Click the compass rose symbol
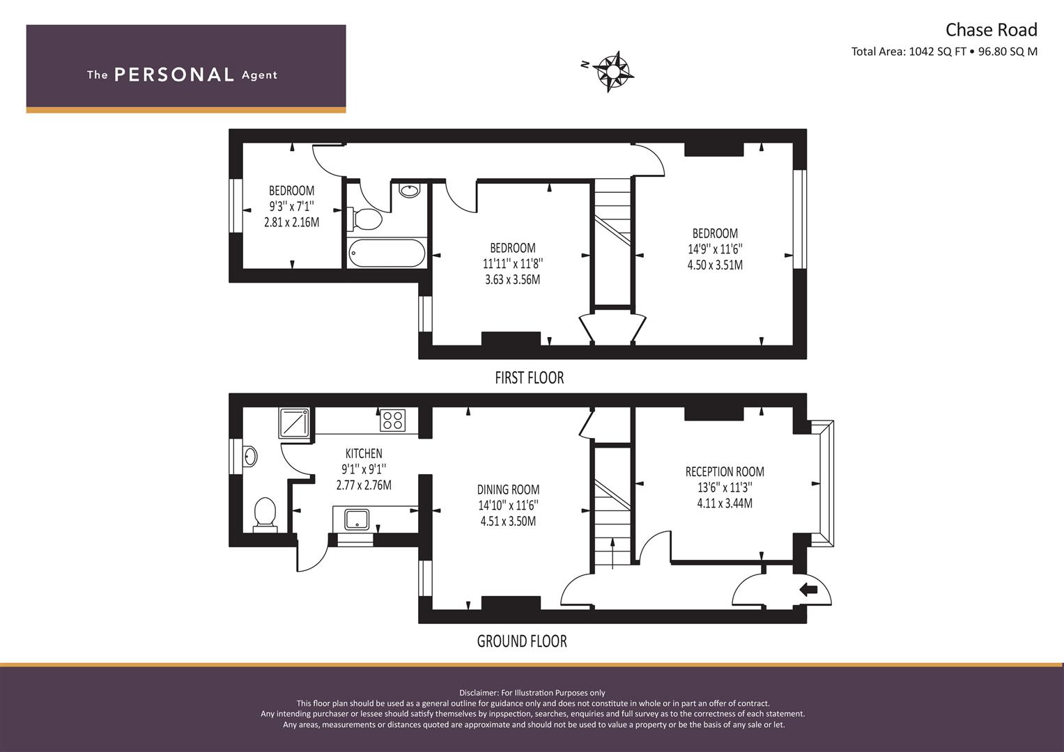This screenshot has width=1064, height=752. click(x=613, y=72)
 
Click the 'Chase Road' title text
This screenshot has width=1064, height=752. click(x=990, y=30)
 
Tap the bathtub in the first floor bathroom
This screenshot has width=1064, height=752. click(x=386, y=253)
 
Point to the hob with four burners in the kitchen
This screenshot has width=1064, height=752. click(x=392, y=421)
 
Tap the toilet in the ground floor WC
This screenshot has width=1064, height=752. click(x=265, y=514)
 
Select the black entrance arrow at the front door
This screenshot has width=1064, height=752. click(x=808, y=590)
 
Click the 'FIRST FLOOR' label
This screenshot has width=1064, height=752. click(x=529, y=378)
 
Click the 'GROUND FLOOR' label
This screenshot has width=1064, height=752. click(x=521, y=641)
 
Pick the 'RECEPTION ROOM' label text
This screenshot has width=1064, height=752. click(x=725, y=472)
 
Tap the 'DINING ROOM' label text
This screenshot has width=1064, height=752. click(x=508, y=489)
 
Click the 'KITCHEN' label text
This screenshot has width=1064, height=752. click(x=364, y=453)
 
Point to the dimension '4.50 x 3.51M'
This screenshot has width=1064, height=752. click(x=715, y=265)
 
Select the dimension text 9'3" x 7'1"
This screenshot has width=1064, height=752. click(x=291, y=207)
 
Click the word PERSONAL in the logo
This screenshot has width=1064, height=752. click(x=174, y=75)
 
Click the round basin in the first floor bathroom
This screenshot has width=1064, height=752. click(x=409, y=190)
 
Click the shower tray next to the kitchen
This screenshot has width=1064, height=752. click(x=295, y=423)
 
